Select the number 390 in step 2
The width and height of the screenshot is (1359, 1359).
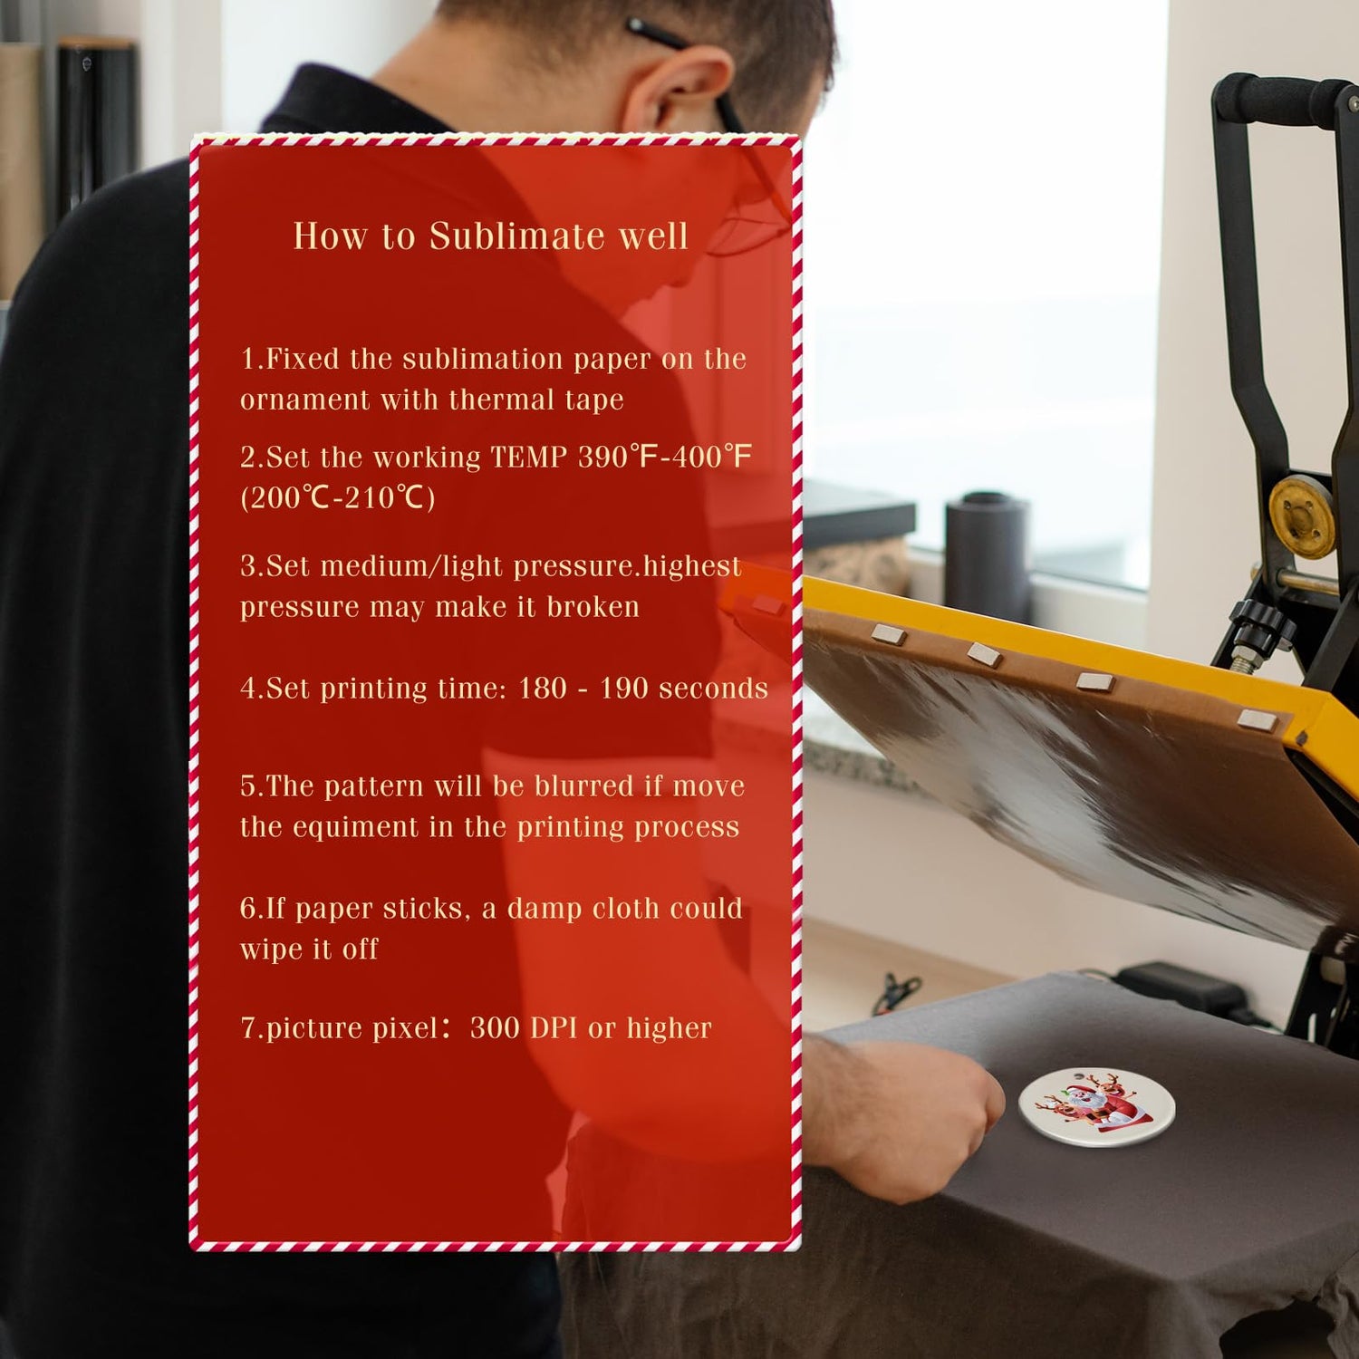(x=602, y=456)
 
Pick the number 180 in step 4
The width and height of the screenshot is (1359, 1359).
(x=543, y=688)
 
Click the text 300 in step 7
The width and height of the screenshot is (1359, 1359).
(x=495, y=1027)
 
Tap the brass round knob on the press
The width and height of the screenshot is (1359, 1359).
(x=1302, y=517)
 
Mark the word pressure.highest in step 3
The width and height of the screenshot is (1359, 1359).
(x=627, y=566)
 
